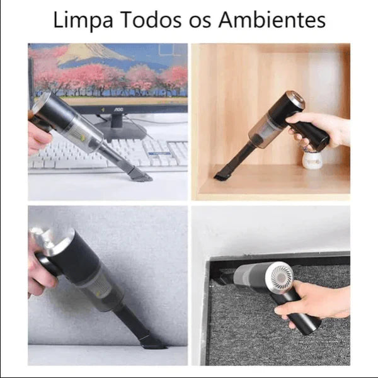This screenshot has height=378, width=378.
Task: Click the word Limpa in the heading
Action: (80, 20)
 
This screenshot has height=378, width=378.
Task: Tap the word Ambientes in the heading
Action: (272, 20)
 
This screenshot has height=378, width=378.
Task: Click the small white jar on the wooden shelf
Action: (313, 159)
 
